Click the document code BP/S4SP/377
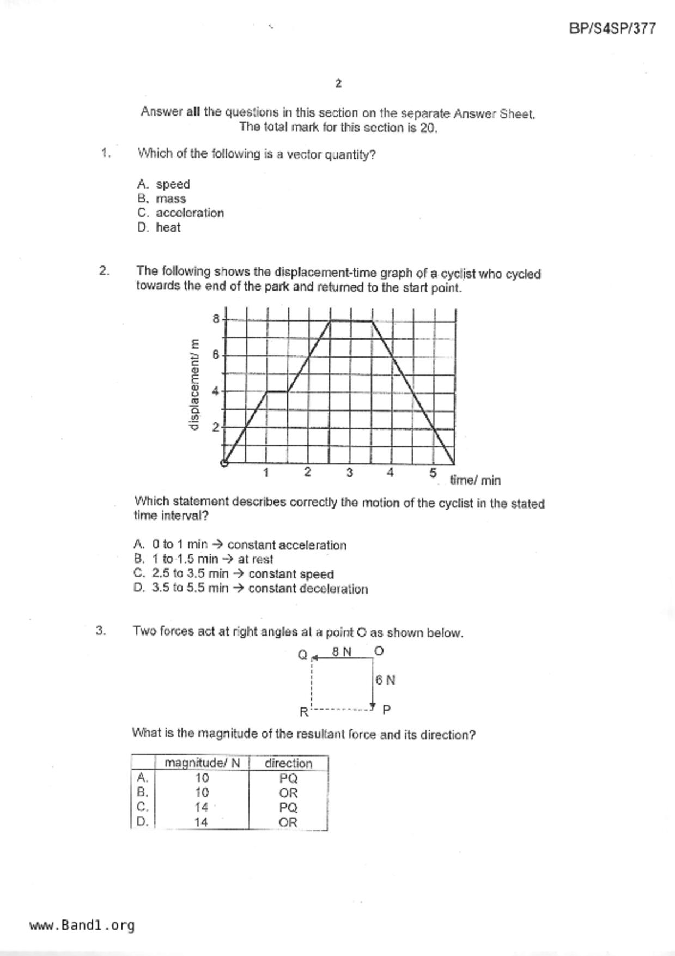click(612, 29)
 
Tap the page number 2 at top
click(338, 83)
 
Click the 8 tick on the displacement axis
click(216, 318)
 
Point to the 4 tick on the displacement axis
click(216, 391)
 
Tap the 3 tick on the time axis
click(349, 473)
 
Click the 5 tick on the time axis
click(433, 473)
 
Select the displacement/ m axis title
click(194, 384)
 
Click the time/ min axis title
click(475, 480)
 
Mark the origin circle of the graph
click(224, 463)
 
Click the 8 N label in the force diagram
click(342, 651)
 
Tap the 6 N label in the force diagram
click(385, 680)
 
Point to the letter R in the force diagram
click(303, 712)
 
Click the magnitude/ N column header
click(202, 763)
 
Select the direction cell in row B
click(288, 793)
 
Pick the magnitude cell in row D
click(202, 822)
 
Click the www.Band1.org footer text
click(82, 925)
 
